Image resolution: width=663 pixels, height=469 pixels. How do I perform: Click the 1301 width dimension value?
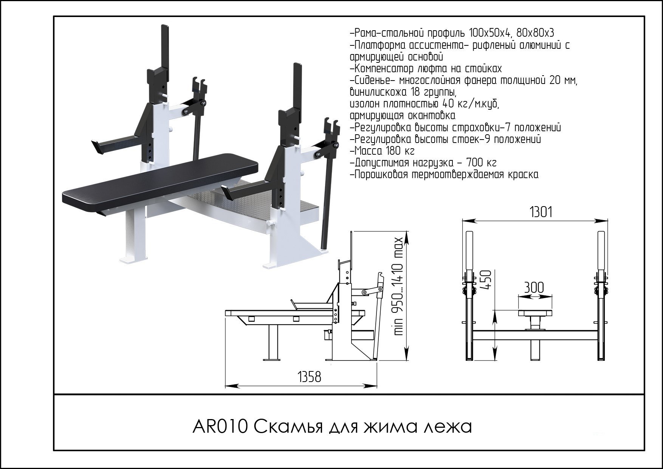(541, 213)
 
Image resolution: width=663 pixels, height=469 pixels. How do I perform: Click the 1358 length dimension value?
(310, 377)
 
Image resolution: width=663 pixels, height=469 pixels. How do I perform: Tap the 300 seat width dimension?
(534, 288)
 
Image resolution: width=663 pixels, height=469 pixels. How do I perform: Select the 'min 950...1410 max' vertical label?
(399, 287)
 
